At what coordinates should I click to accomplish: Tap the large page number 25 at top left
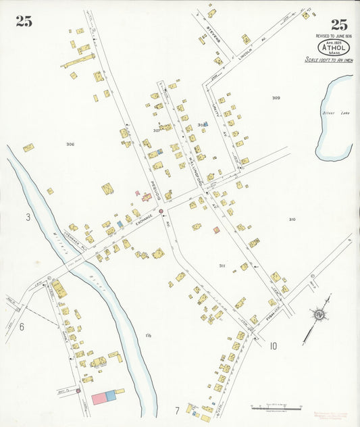[24, 21]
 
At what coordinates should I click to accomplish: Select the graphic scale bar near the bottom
[276, 407]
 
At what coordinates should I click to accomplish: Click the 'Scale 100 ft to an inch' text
[329, 60]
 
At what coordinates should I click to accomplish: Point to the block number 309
[276, 98]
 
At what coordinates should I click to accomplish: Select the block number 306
[70, 145]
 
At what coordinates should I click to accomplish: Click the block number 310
[292, 220]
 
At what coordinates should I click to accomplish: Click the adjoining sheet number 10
[272, 347]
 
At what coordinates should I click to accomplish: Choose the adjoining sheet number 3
[28, 217]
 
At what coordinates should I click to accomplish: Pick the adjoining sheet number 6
[22, 327]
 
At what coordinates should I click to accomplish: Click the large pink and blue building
[105, 397]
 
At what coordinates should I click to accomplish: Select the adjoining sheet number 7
[177, 410]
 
